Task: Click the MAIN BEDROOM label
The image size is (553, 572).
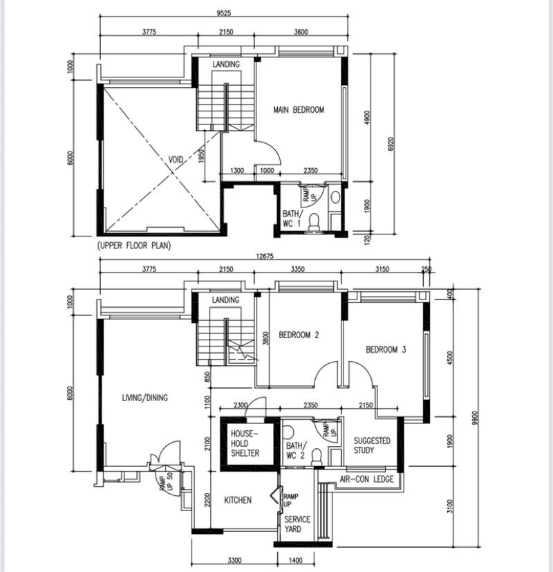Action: pyautogui.click(x=298, y=110)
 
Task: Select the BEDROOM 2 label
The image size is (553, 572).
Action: pyautogui.click(x=299, y=335)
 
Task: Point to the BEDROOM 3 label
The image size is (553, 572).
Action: pyautogui.click(x=386, y=350)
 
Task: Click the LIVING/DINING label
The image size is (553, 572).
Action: pyautogui.click(x=144, y=398)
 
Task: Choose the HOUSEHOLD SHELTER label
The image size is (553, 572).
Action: pyautogui.click(x=245, y=443)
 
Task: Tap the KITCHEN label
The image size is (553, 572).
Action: pyautogui.click(x=238, y=500)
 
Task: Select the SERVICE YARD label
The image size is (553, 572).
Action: pyautogui.click(x=297, y=524)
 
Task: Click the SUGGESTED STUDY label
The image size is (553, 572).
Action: pyautogui.click(x=372, y=445)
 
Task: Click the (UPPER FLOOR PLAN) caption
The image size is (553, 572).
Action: pyautogui.click(x=134, y=246)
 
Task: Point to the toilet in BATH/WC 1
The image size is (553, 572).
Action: pyautogui.click(x=313, y=221)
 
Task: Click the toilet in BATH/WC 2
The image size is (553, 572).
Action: pyautogui.click(x=316, y=455)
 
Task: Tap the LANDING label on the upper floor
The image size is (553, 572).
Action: pyautogui.click(x=226, y=64)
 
